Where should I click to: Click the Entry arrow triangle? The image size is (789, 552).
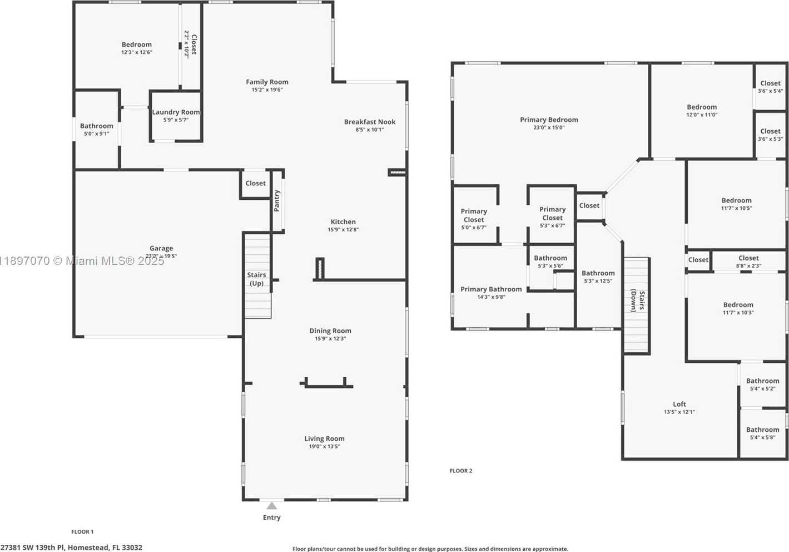pos(271,506)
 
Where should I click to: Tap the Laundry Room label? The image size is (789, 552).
pos(176,112)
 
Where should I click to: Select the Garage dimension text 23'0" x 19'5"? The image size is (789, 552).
pos(161,257)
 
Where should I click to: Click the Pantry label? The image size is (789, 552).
pos(277,201)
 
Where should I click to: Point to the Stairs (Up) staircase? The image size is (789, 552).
pos(258,275)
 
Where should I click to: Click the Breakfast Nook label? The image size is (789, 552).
pos(370,122)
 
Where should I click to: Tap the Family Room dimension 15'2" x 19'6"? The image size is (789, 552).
pos(267,90)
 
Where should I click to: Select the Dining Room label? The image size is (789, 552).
pos(330,331)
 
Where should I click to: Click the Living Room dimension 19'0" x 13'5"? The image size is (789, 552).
pos(324,447)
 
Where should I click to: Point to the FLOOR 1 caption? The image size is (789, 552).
pos(82,531)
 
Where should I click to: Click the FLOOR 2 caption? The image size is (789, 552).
pos(461,471)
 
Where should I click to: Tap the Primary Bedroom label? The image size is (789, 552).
pos(549,120)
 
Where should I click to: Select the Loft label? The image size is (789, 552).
pos(679,404)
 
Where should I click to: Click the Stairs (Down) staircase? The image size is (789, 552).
pos(637,305)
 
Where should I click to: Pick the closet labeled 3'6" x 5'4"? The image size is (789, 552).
pos(770,87)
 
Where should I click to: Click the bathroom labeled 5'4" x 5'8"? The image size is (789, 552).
pos(762,433)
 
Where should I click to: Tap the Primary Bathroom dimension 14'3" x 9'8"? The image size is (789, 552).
pos(491,297)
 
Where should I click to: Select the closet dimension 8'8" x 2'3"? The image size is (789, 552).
pos(748,266)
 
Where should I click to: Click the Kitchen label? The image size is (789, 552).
pos(343,221)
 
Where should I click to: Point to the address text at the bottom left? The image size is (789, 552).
pos(71,548)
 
